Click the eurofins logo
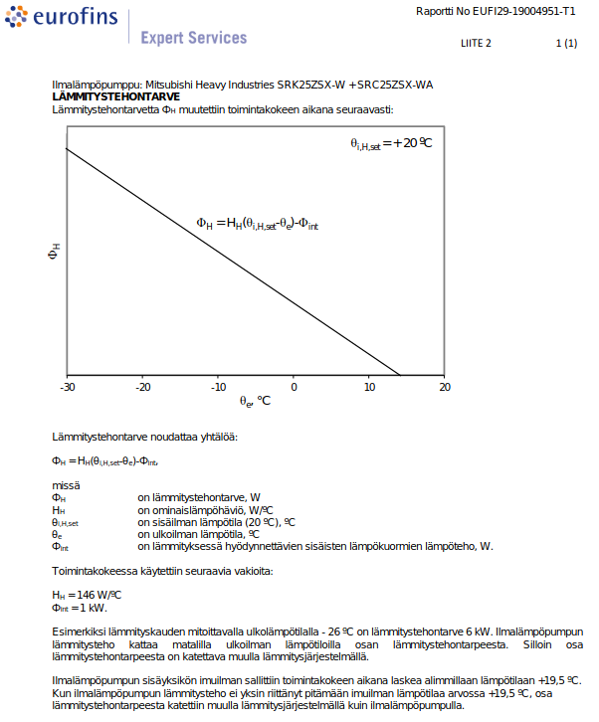62,17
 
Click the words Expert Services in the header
193,38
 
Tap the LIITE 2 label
477,44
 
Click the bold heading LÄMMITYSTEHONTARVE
115,96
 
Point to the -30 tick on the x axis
68,387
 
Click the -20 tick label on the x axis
143,387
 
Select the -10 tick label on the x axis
218,387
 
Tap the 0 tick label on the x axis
294,387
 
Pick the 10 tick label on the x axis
369,387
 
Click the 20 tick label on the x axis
444,387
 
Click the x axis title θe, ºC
255,402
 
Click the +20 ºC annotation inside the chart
392,143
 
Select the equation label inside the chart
257,226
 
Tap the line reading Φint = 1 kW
79,607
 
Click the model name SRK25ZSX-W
309,86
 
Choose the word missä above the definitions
66,485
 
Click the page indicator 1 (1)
565,44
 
